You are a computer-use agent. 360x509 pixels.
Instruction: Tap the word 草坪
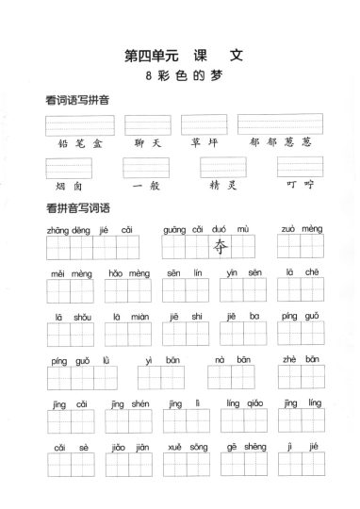204,144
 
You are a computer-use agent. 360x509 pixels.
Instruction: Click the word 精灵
222,186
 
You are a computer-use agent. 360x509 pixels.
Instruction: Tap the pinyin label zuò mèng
301,229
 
